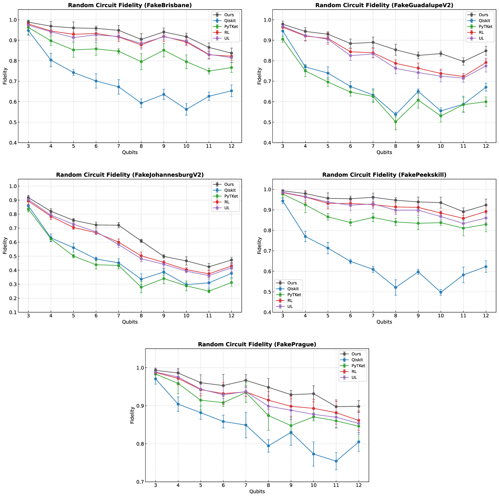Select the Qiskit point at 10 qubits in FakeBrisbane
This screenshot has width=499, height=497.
click(186, 109)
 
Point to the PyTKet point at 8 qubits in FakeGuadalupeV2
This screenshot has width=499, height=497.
click(395, 122)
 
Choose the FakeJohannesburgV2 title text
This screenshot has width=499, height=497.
click(130, 175)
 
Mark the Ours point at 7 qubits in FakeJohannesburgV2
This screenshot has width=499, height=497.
click(119, 225)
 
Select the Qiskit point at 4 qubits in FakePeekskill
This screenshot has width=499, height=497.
click(305, 237)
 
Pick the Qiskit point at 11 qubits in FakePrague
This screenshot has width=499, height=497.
click(336, 461)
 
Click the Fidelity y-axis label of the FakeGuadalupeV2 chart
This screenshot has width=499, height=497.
click(259, 76)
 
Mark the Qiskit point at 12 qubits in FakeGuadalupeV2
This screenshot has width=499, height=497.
click(486, 87)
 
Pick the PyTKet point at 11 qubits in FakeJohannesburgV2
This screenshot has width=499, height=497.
click(209, 291)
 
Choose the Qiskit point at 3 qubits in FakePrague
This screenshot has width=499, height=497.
click(155, 379)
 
